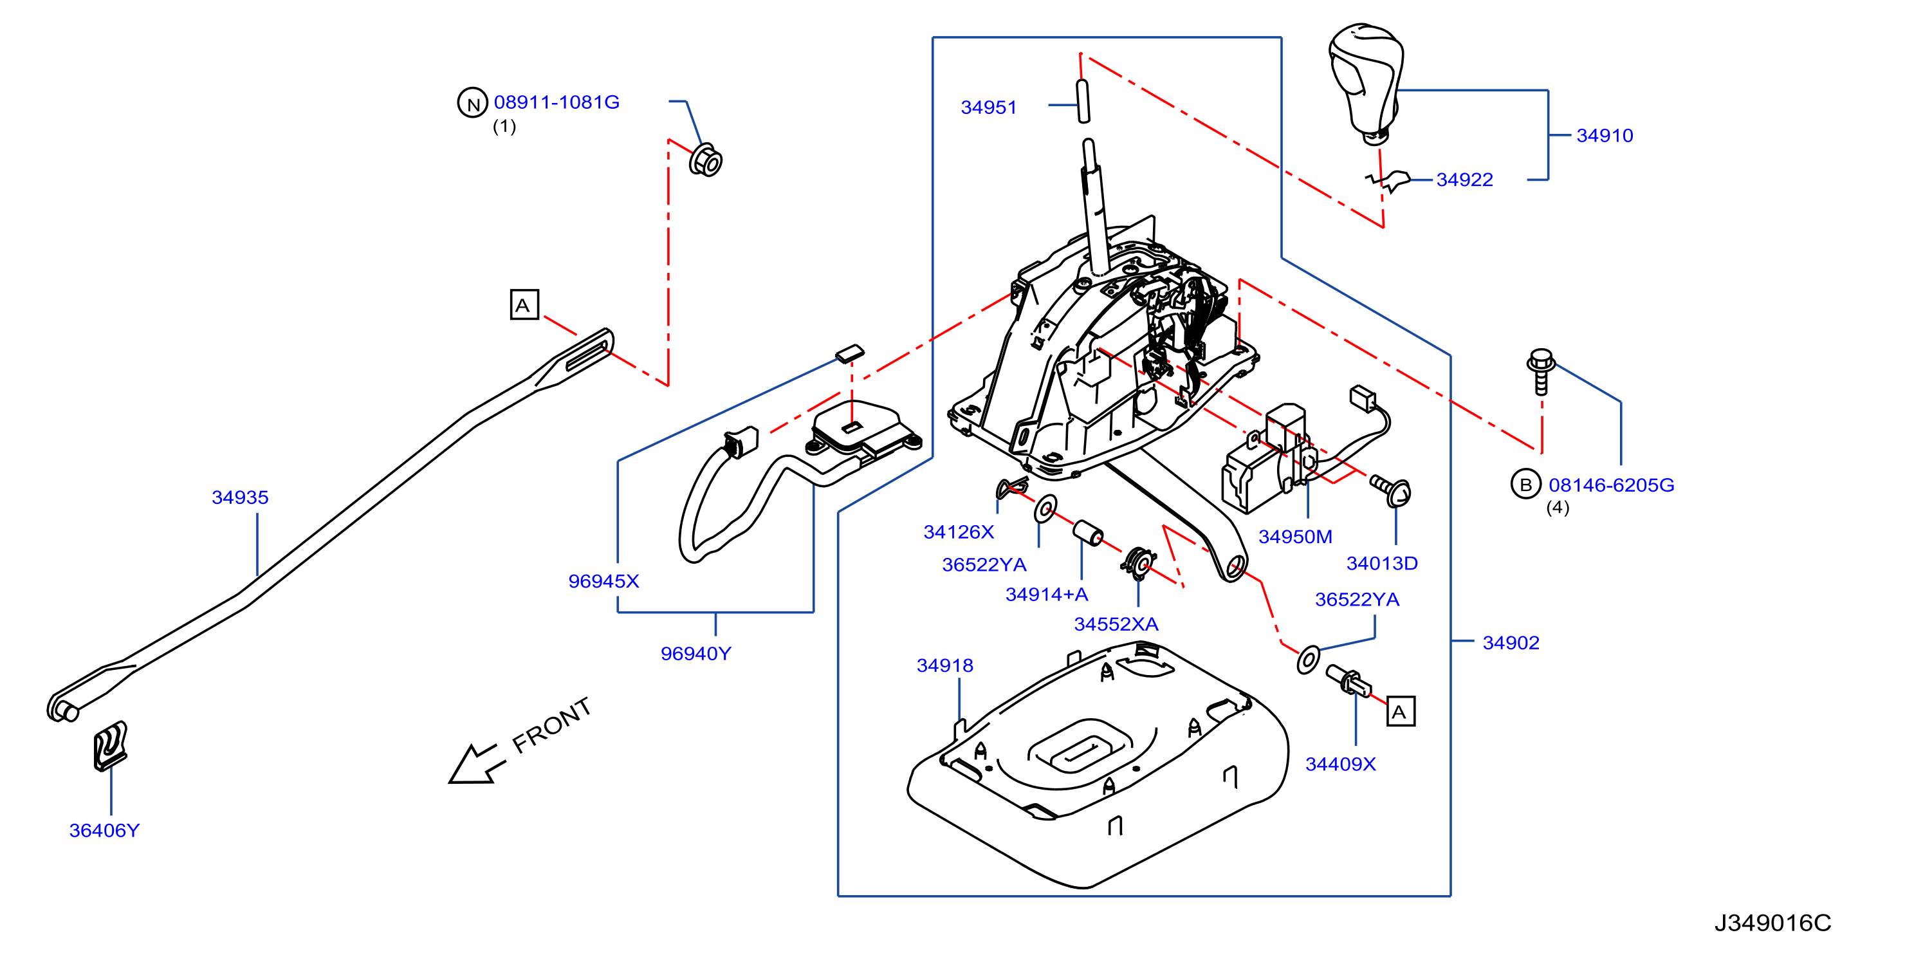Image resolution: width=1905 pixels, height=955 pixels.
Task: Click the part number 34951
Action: point(988,107)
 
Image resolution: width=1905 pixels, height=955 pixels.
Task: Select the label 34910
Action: point(1604,135)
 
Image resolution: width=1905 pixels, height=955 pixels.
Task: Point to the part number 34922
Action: point(1464,180)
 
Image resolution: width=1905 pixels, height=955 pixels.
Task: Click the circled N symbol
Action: point(473,103)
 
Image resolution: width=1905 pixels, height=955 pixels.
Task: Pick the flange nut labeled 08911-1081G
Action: point(706,160)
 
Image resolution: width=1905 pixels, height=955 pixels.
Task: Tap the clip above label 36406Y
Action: point(110,746)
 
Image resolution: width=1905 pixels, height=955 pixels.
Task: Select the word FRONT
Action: point(551,726)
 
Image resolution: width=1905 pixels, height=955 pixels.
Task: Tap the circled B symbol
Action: point(1525,485)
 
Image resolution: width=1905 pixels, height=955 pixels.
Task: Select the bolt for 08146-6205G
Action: point(1541,371)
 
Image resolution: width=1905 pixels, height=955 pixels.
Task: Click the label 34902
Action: point(1511,643)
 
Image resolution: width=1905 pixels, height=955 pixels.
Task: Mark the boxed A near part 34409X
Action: point(1400,712)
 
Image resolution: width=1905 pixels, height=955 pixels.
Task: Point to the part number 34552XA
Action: point(1116,624)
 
